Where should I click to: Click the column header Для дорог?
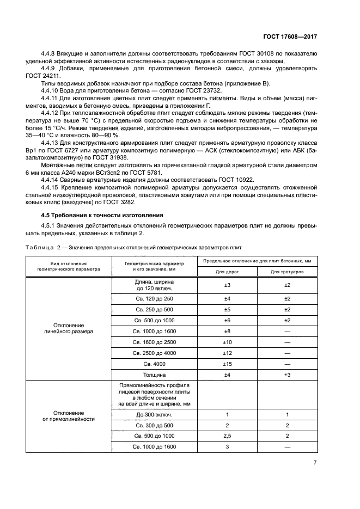227,271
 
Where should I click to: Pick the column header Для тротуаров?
287,271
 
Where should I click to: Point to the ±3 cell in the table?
227,285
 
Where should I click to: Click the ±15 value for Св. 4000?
227,363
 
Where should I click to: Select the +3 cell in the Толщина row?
287,375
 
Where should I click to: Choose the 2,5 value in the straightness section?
227,436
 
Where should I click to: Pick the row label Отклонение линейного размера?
68,327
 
